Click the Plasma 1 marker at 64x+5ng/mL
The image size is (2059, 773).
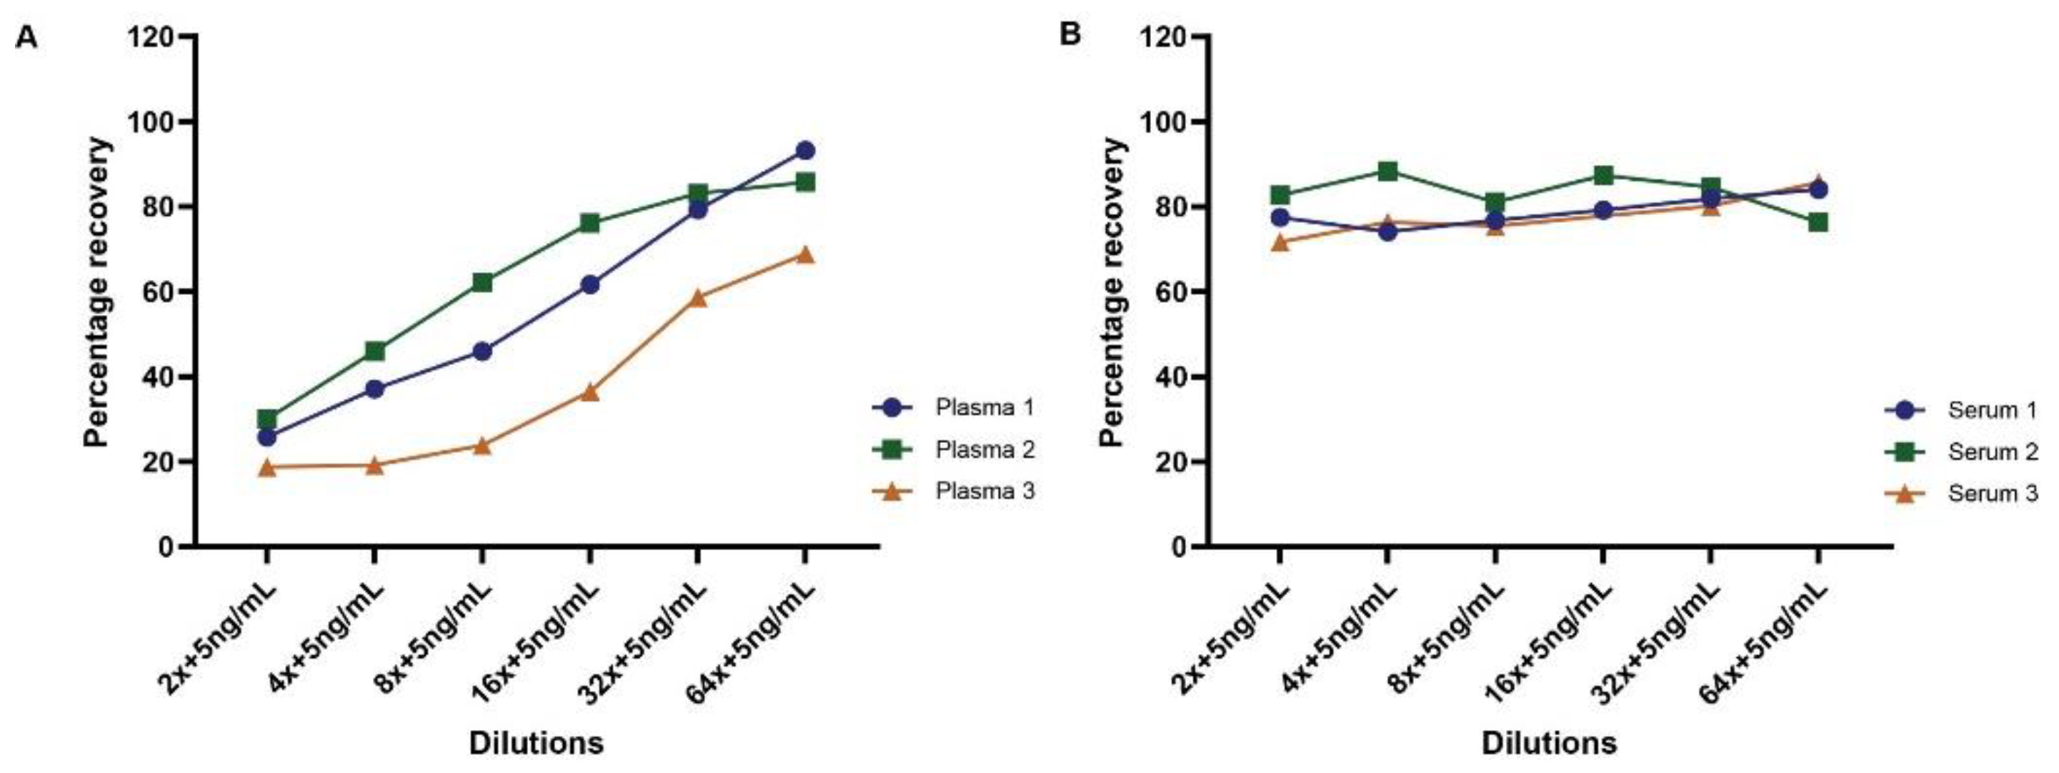805,150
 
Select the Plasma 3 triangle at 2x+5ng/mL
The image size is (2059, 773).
267,468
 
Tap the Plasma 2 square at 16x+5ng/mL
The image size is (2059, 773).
590,222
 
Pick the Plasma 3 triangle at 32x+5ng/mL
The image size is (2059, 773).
698,298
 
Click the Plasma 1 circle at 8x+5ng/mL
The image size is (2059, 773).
482,351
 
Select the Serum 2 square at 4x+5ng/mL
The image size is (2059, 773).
1387,171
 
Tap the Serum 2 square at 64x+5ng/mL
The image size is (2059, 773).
1818,222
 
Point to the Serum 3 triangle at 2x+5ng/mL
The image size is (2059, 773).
1280,242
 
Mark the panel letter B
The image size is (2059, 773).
1070,35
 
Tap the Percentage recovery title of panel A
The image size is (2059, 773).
96,291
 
